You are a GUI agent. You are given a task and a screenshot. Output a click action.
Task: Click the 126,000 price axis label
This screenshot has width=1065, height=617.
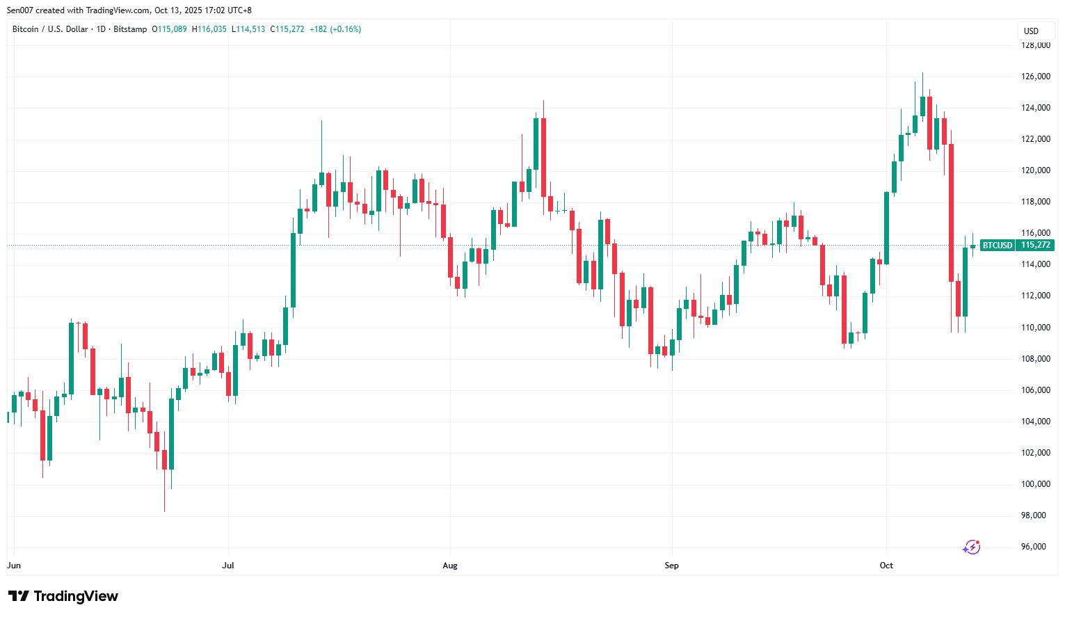coord(1035,77)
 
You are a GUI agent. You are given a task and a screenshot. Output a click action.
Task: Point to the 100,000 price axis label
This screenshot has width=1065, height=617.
coord(1035,484)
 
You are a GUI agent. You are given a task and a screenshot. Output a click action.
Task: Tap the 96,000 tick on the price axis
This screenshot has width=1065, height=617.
coord(1035,547)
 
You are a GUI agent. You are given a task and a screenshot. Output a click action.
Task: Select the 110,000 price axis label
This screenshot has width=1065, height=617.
coord(1035,328)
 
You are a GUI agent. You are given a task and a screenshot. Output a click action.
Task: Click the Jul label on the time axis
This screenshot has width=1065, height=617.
coord(228,566)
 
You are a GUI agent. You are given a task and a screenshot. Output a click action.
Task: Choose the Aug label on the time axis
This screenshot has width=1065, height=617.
coord(450,566)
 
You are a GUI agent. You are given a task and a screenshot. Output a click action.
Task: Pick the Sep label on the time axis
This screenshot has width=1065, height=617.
coord(671,566)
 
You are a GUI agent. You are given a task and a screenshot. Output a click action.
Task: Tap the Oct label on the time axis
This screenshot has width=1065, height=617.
coord(886,566)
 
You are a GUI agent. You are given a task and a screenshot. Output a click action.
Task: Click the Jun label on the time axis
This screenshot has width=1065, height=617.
coord(14,566)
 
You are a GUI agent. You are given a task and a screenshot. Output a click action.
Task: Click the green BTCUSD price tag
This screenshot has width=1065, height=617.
coord(997,246)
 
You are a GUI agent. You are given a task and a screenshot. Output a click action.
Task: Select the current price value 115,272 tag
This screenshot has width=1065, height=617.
coord(1035,246)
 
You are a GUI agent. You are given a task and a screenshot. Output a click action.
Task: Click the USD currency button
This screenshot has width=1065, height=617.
coord(1031,31)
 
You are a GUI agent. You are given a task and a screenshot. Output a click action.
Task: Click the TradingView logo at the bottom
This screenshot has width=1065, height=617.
coord(63,596)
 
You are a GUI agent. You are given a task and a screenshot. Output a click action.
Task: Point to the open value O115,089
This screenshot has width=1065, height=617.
coord(169,29)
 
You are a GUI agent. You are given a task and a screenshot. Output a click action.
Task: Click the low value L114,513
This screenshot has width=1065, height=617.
coord(248,29)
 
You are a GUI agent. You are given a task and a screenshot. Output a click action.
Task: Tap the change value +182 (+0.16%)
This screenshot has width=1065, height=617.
coord(335,29)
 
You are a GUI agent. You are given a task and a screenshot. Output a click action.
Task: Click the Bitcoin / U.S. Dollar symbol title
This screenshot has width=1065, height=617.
coord(50,29)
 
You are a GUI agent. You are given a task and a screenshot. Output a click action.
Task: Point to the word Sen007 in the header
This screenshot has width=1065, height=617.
coord(21,10)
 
